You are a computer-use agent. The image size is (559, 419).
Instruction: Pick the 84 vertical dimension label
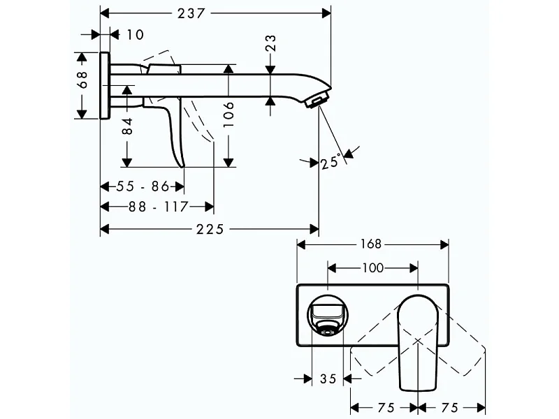127,126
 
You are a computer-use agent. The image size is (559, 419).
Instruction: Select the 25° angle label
331,162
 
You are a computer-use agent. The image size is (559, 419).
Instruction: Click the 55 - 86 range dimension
142,187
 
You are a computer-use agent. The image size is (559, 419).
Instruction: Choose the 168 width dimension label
372,244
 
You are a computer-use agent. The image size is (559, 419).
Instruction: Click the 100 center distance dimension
372,267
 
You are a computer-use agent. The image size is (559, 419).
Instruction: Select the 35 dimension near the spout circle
328,379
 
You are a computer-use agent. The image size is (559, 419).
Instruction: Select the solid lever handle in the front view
417,346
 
